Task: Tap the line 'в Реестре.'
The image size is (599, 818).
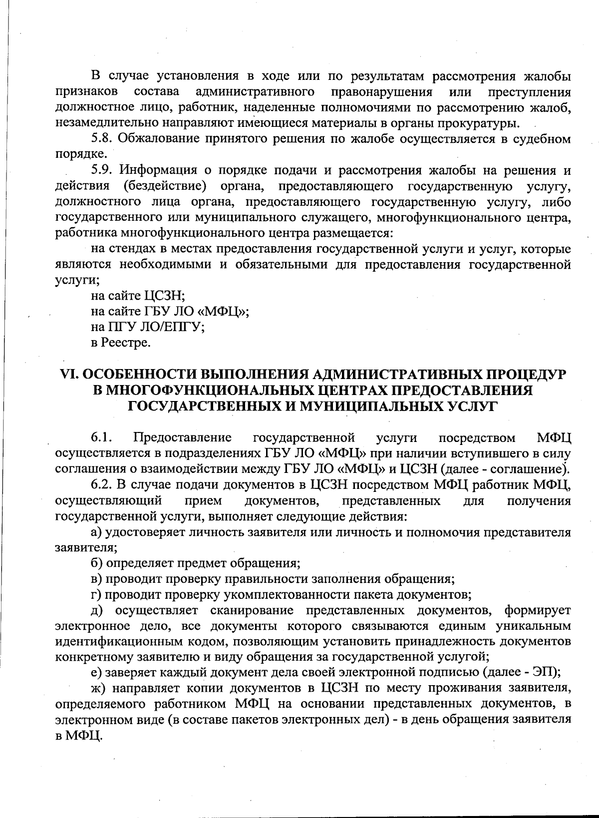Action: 120,343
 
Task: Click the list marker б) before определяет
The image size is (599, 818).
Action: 97,563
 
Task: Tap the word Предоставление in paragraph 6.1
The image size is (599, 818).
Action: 182,438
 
